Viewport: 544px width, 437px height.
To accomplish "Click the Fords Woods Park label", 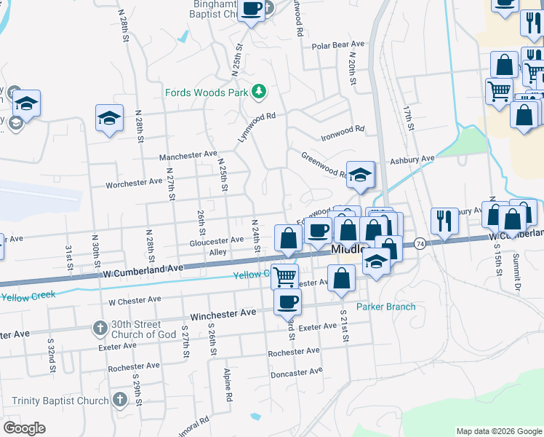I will [207, 92].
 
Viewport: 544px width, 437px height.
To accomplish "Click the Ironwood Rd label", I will [343, 130].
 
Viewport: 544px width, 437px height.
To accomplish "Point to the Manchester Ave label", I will [188, 155].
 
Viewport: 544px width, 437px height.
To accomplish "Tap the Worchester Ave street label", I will [134, 184].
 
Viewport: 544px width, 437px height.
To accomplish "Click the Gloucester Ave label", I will [216, 240].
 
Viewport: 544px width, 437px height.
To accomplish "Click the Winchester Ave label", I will [223, 315].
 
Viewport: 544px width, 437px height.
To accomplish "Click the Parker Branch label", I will [385, 307].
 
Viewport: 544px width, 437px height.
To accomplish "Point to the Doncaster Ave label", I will [296, 371].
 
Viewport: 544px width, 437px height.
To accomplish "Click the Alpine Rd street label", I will [228, 385].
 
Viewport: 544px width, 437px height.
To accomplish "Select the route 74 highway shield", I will [420, 243].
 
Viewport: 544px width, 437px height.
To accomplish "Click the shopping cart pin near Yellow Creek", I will [285, 277].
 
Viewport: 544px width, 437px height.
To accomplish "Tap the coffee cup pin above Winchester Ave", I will [287, 301].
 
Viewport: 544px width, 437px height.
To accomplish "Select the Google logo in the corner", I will [24, 428].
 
